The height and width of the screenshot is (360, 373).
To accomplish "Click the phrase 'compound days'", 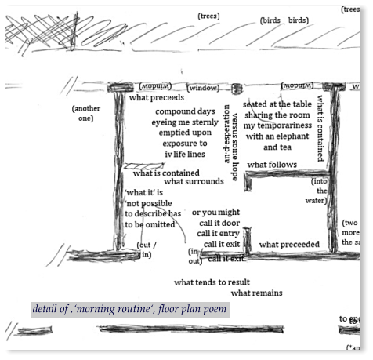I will [184, 111].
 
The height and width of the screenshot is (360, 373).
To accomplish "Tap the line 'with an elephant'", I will [277, 136].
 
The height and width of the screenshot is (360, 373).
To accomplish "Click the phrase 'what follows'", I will [272, 165].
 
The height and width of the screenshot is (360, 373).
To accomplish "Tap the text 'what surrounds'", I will [194, 182].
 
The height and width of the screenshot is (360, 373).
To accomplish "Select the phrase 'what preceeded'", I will [289, 245].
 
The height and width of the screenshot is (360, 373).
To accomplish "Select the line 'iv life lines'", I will [184, 155].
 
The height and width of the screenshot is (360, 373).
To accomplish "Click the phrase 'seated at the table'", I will [277, 104].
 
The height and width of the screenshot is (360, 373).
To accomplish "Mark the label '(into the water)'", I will [320, 191].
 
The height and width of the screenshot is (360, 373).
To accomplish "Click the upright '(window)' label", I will [203, 88].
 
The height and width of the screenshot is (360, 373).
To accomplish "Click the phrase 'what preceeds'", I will [157, 98].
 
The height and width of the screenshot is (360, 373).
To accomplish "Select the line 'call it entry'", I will [218, 233].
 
